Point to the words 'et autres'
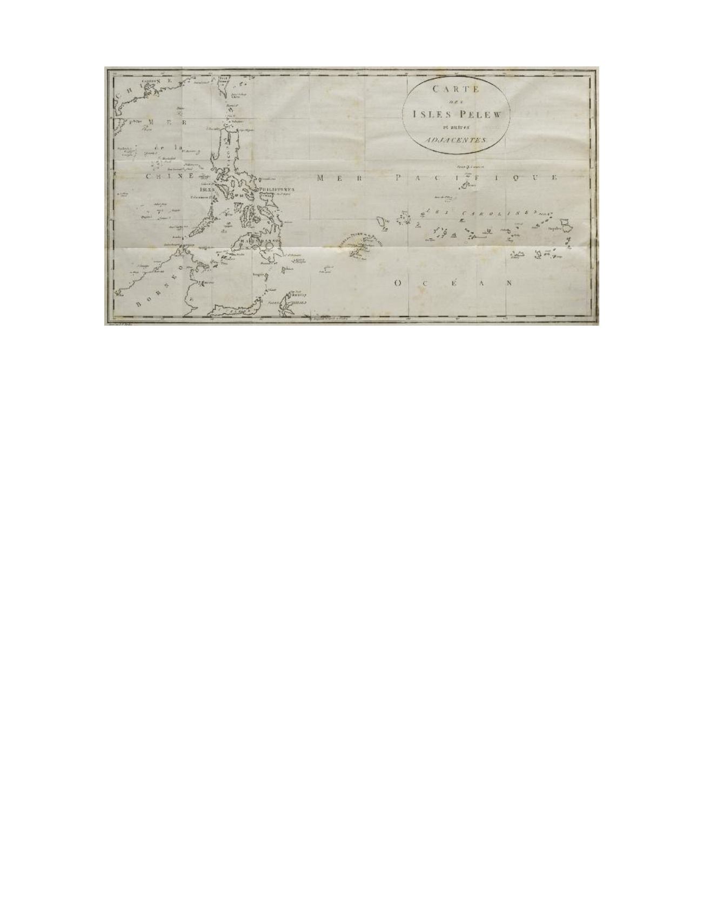coord(455,127)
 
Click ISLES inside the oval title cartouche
coord(430,114)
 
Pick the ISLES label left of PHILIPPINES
coord(207,190)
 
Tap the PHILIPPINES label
coord(276,190)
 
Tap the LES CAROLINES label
coord(481,214)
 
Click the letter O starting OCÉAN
coord(398,283)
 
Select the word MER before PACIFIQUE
coord(330,178)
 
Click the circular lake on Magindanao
coord(269,246)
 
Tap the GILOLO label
coord(299,303)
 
